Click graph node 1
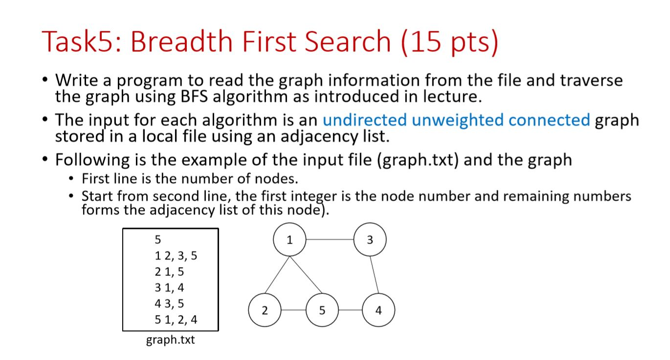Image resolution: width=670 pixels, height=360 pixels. point(290,240)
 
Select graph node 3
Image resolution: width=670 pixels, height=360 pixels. point(370,240)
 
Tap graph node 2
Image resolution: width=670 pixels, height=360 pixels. point(265,310)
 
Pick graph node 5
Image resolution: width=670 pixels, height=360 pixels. point(322,310)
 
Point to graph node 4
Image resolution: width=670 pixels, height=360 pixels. point(379,310)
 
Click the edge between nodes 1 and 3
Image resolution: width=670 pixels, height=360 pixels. point(330,240)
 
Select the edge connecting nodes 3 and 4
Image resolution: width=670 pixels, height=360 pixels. point(375,275)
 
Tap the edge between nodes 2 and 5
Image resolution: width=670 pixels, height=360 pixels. point(293,310)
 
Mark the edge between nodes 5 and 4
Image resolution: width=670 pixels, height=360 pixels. point(350,310)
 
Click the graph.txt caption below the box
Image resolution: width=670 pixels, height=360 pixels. point(170,340)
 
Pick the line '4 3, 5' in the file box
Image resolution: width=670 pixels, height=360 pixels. point(169,304)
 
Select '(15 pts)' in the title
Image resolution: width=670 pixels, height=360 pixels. point(449,41)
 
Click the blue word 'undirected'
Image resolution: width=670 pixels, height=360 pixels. point(365,120)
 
